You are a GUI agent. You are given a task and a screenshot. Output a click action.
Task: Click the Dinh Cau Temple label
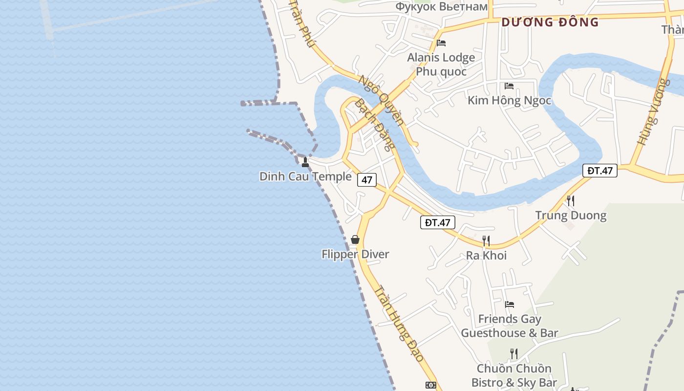tap(305, 176)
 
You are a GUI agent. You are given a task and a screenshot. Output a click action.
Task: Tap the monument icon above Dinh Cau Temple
tap(305, 162)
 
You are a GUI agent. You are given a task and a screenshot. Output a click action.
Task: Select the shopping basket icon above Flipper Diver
tap(355, 239)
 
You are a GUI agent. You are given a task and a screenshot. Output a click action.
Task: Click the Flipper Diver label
tap(355, 254)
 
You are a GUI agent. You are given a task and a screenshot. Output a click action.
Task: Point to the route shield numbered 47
tap(367, 180)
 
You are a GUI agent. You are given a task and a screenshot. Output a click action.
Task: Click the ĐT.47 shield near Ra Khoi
tap(438, 223)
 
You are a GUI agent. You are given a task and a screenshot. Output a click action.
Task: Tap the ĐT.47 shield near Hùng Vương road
tap(600, 171)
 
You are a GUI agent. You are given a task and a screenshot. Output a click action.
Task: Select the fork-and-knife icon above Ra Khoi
tap(486, 240)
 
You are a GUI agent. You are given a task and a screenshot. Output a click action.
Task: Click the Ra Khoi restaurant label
tap(486, 255)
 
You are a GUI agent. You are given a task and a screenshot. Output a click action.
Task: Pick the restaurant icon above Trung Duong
tap(570, 200)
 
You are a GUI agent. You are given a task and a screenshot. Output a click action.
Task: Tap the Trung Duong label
tap(571, 216)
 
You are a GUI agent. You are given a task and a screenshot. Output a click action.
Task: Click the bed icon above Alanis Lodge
tap(441, 43)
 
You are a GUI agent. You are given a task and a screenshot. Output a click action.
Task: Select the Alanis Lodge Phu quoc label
tap(441, 65)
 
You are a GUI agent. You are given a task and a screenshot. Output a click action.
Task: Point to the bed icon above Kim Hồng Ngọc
tap(509, 86)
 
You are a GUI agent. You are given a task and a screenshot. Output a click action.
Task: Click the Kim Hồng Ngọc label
tap(509, 101)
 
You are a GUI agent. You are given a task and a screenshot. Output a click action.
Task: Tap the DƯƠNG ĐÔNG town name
tap(550, 22)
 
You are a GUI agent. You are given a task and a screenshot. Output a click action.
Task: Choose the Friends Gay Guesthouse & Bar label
tap(510, 326)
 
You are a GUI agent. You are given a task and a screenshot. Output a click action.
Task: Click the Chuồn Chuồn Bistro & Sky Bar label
tap(514, 375)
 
